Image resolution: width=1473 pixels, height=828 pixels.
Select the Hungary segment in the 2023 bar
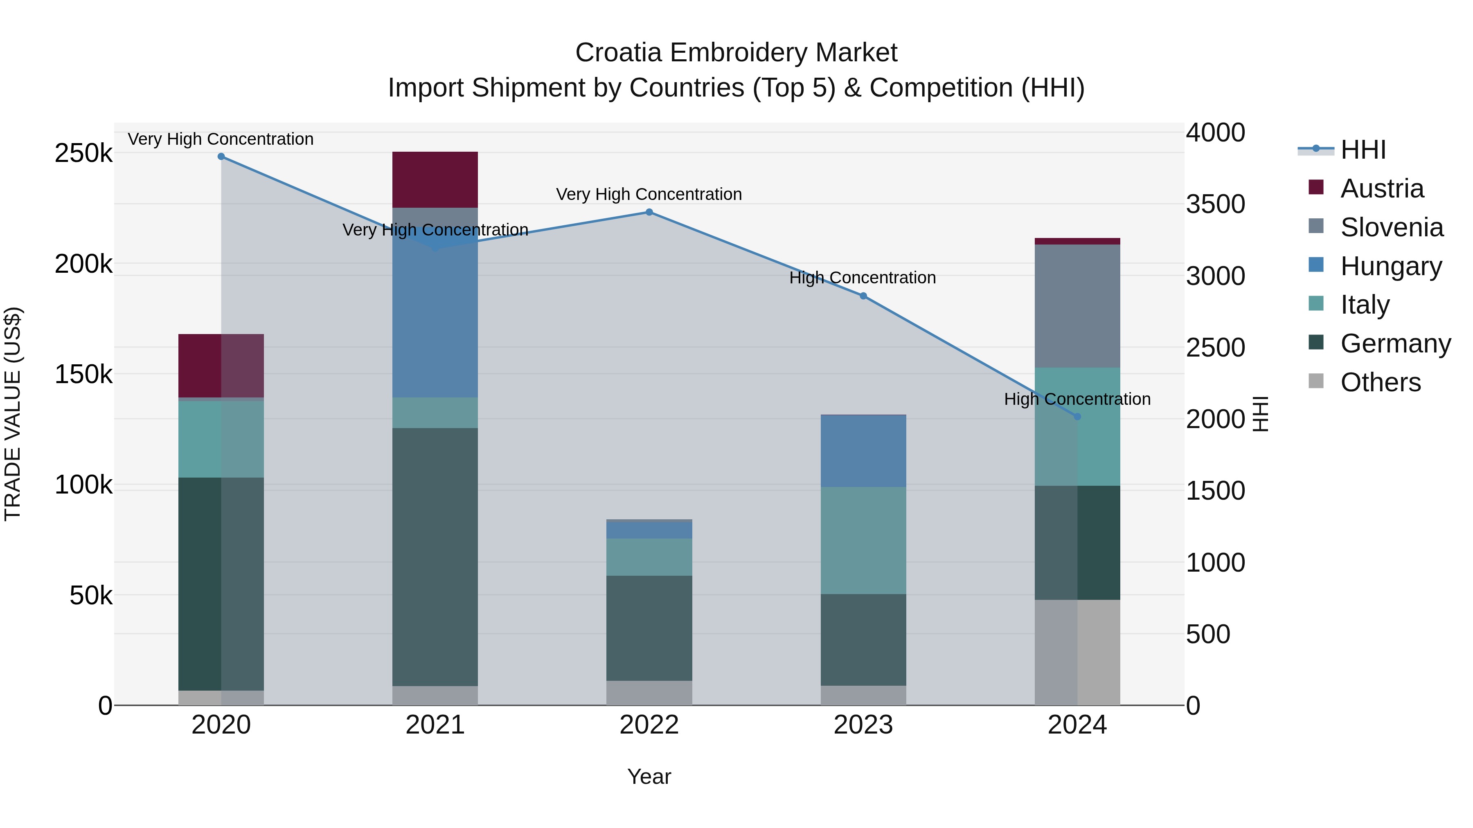pyautogui.click(x=863, y=451)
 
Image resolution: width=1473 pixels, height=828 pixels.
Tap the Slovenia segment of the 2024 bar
pyautogui.click(x=1077, y=306)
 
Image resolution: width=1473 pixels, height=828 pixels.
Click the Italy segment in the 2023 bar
pyautogui.click(x=863, y=540)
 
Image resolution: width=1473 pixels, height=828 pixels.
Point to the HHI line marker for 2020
pyautogui.click(x=221, y=157)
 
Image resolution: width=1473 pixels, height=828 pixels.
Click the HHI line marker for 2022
pyautogui.click(x=649, y=212)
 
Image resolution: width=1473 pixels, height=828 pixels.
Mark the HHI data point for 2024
pyautogui.click(x=1077, y=417)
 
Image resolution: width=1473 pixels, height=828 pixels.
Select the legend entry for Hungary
pyautogui.click(x=1390, y=266)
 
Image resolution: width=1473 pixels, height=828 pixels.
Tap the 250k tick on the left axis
pyautogui.click(x=83, y=153)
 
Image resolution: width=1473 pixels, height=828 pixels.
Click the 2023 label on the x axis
pyautogui.click(x=863, y=725)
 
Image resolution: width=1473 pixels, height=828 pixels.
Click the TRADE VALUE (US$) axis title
pyautogui.click(x=13, y=414)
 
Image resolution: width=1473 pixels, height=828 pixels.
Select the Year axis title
pyautogui.click(x=649, y=776)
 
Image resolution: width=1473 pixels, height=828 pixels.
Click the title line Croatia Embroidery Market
pyautogui.click(x=736, y=53)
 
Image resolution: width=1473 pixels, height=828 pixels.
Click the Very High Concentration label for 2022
pyautogui.click(x=649, y=194)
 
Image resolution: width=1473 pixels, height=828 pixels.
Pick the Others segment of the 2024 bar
pyautogui.click(x=1077, y=652)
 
